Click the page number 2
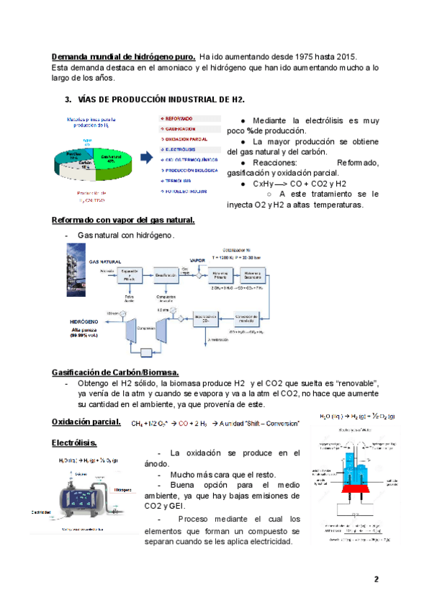coord(376,580)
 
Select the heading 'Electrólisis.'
coord(74,442)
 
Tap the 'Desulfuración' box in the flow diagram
coord(167,274)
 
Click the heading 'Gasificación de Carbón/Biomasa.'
coord(115,371)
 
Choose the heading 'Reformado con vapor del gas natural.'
coord(122,220)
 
